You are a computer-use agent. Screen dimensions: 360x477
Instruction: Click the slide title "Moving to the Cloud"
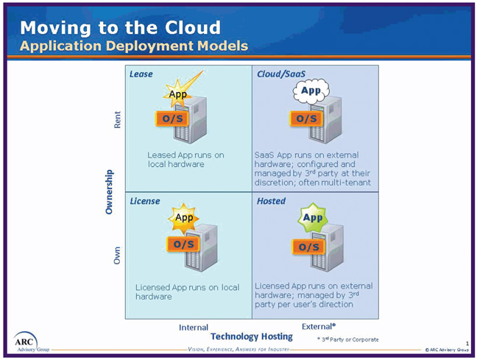(120, 28)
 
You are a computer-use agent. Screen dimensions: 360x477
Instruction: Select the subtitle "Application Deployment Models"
(133, 46)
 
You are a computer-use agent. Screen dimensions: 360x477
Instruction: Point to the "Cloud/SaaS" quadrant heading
(280, 74)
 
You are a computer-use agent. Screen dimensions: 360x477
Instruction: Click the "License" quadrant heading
(144, 201)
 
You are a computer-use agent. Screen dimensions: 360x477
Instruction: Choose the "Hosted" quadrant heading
(271, 201)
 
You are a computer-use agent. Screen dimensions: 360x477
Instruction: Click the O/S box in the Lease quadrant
(172, 119)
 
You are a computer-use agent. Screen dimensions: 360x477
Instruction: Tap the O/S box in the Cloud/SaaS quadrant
(306, 119)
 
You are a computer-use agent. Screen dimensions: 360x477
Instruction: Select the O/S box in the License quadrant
(183, 244)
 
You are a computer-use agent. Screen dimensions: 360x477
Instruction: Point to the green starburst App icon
(314, 218)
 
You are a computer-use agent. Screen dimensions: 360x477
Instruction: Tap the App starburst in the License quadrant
(183, 218)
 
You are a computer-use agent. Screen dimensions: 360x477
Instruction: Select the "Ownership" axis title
(109, 192)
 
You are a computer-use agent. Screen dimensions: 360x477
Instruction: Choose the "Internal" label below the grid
(194, 327)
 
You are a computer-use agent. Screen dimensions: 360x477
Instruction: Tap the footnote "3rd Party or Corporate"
(348, 339)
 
